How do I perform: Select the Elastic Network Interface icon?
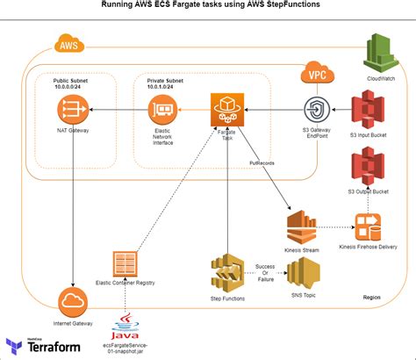point(161,109)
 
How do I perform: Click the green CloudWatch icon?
point(383,50)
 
